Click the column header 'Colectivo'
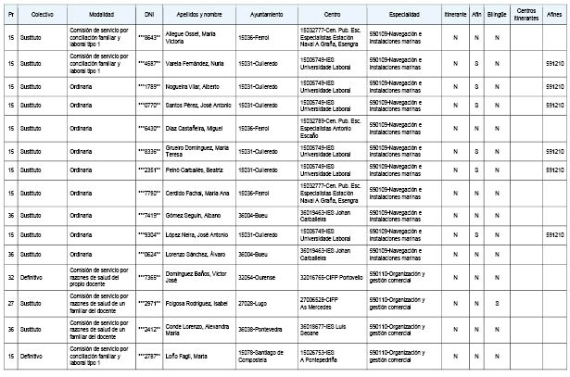[x=41, y=16]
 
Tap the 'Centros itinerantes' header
[x=526, y=16]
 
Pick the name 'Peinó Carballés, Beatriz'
[x=192, y=170]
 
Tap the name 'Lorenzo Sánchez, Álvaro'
[x=193, y=253]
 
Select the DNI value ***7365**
[x=149, y=276]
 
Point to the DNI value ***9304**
[x=149, y=232]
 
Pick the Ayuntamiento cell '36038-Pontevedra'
[x=262, y=328]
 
